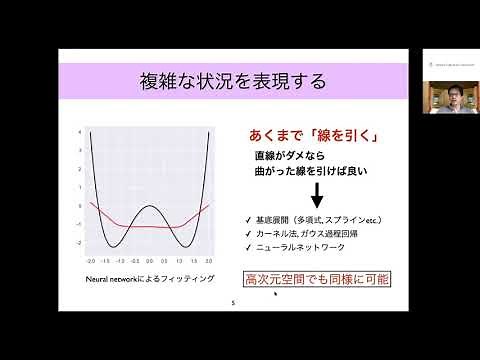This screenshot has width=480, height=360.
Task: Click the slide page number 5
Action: tap(233, 302)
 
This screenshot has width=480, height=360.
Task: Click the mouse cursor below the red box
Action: tap(274, 294)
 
